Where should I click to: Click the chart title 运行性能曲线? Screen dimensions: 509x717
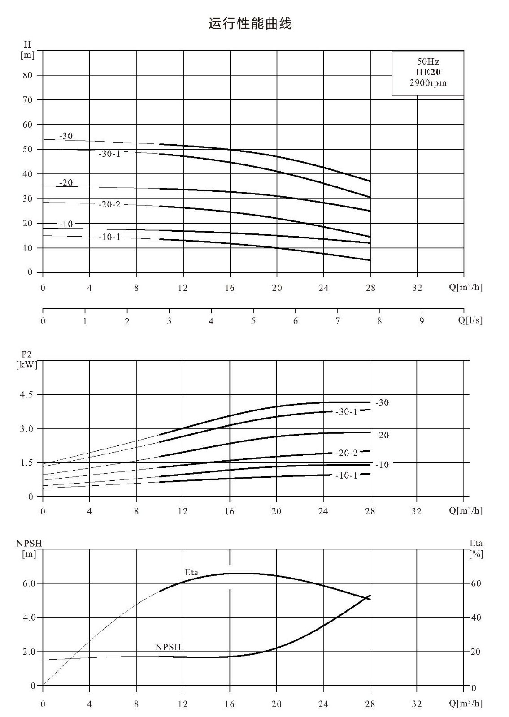point(250,24)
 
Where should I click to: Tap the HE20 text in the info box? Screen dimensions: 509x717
point(428,72)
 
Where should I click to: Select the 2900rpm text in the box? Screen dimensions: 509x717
point(428,83)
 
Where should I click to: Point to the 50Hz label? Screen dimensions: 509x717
point(428,61)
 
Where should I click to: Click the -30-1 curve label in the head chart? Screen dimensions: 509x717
point(109,154)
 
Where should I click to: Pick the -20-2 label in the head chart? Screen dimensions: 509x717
point(109,204)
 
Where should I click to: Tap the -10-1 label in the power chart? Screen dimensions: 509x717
point(346,475)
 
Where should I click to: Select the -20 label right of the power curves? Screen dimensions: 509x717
point(382,435)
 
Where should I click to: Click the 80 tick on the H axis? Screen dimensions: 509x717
point(27,75)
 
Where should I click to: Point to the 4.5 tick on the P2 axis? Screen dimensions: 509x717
point(26,394)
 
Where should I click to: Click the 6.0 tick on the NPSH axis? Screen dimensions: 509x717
point(29,583)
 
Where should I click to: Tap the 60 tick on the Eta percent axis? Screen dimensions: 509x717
point(476,583)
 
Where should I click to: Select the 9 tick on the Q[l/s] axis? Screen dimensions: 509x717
point(422,321)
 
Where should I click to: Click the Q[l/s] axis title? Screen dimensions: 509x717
point(470,320)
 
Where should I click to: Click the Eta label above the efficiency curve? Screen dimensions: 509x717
point(191,572)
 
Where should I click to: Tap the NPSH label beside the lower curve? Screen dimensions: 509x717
point(168,647)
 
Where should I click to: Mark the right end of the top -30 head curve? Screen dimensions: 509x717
point(370,181)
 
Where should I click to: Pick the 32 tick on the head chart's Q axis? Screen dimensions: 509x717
point(417,288)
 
